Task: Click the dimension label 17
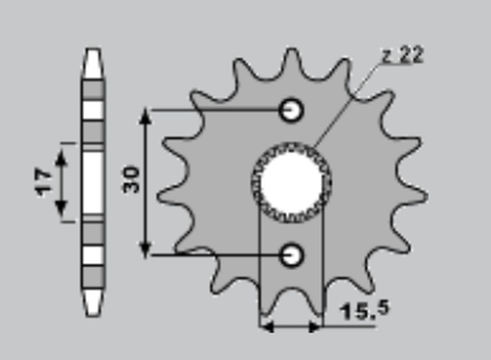[x=44, y=182]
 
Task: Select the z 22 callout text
[x=403, y=56]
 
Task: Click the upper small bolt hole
[x=291, y=110]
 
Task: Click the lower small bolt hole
[x=291, y=255]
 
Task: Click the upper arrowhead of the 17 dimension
[x=61, y=155]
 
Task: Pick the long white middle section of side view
[x=93, y=182]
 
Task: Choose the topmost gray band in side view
[x=93, y=90]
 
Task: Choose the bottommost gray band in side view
[x=93, y=275]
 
